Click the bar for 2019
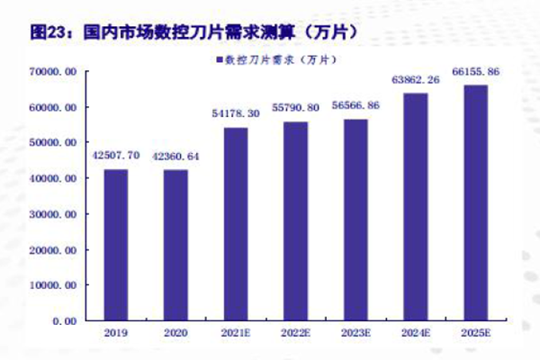coord(115,245)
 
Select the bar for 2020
coord(175,245)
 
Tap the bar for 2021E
coord(235,224)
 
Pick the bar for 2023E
coord(355,220)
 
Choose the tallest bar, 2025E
coord(475,202)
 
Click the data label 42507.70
coord(115,156)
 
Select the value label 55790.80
coord(295,108)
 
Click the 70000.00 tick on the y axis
coord(55,72)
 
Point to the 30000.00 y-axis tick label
coord(55,214)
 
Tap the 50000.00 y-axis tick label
coord(55,143)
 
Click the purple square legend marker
coord(218,60)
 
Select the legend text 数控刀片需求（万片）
coord(280,60)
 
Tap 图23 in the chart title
coord(49,31)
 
